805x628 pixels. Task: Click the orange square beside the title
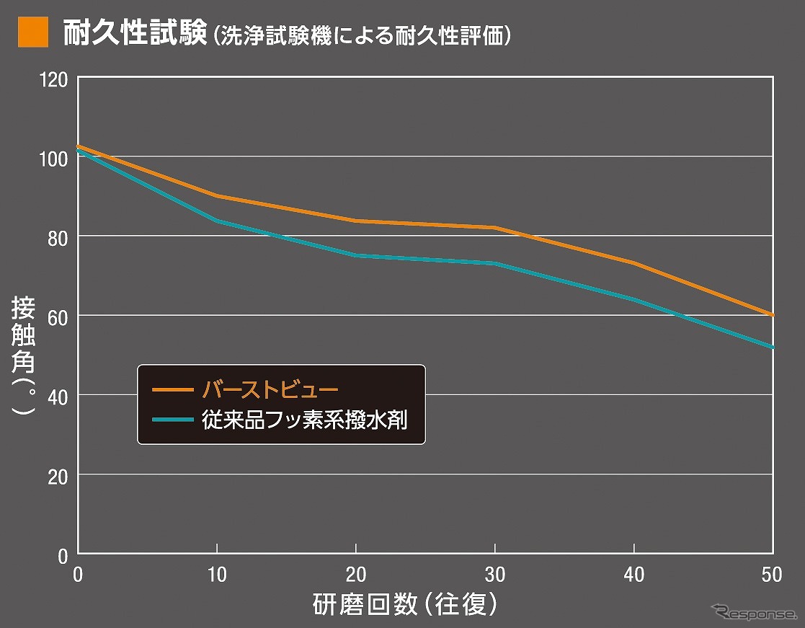pos(33,33)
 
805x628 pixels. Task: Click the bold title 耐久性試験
pos(135,33)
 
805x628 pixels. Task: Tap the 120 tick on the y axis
pos(56,78)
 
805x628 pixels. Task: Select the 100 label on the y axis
pos(56,157)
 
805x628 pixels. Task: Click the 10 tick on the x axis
pos(217,575)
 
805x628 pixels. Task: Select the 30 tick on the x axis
pos(494,575)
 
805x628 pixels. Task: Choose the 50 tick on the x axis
pos(772,575)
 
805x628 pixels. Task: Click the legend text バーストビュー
pos(270,389)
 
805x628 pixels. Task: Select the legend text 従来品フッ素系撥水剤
pos(306,419)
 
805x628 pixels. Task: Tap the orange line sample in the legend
pos(172,389)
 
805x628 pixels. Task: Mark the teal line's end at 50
pos(772,347)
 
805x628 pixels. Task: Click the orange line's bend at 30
pos(494,228)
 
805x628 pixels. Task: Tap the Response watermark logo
pos(752,614)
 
